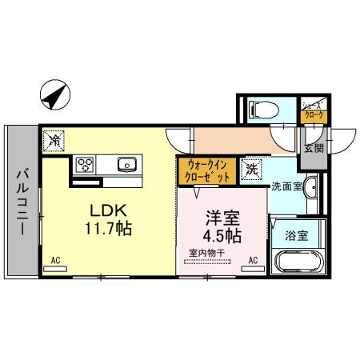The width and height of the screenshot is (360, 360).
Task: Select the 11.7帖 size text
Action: pos(106,229)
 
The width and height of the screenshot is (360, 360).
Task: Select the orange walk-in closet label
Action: pos(207,170)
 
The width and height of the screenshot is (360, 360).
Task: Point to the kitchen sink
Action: pos(127,165)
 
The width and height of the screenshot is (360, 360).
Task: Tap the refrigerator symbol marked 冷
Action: pos(54,140)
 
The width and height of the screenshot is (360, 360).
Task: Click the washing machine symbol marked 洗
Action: pos(251,169)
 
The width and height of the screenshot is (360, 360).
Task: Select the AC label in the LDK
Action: pos(56,261)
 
